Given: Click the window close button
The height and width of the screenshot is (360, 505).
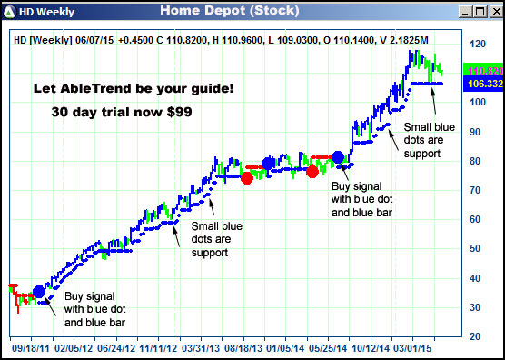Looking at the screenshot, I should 493,12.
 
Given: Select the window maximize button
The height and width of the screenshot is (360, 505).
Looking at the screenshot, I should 479,12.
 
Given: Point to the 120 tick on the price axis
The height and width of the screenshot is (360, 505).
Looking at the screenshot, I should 475,45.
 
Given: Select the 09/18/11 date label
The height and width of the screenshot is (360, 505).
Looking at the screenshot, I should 29,347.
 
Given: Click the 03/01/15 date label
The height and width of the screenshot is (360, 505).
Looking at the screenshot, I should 413,347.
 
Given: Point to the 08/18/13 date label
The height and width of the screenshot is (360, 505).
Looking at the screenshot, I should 244,347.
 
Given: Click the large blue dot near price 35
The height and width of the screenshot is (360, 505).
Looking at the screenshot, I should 39,291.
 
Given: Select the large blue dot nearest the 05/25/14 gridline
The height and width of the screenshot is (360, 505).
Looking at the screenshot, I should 338,157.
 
